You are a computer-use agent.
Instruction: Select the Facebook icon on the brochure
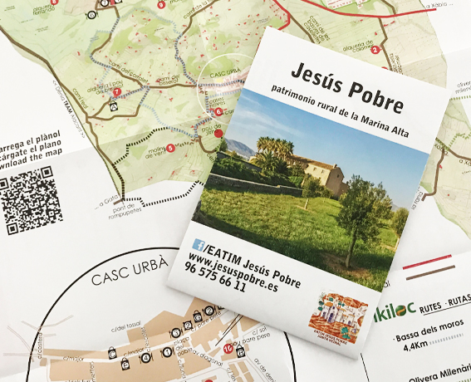[198, 244]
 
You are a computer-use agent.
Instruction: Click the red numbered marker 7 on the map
[116, 92]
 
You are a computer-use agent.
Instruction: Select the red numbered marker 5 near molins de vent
[170, 148]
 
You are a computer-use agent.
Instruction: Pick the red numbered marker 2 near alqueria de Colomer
[375, 50]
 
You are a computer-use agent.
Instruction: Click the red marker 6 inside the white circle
[218, 111]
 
